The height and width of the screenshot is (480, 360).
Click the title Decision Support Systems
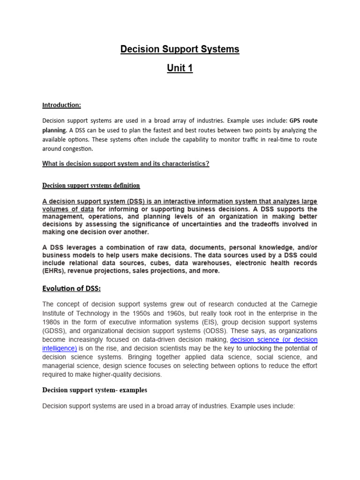pyautogui.click(x=180, y=49)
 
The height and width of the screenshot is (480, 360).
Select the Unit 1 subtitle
pyautogui.click(x=180, y=68)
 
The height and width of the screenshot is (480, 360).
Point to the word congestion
pyautogui.click(x=76, y=149)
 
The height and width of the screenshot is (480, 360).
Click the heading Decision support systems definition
pyautogui.click(x=91, y=186)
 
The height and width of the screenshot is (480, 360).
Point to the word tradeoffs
pyautogui.click(x=269, y=225)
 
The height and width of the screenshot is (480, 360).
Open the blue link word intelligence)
pyautogui.click(x=60, y=348)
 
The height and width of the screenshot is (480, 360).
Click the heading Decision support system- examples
pyautogui.click(x=95, y=390)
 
